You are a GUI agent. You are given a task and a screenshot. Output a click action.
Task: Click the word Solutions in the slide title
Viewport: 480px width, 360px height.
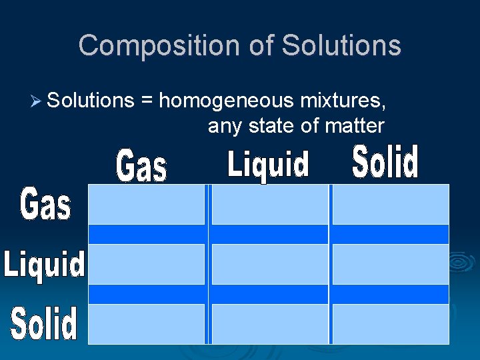click(341, 45)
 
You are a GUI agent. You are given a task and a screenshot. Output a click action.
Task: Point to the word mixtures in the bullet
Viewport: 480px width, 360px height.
click(343, 101)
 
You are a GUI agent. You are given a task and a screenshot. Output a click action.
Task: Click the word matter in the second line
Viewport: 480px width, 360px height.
click(355, 125)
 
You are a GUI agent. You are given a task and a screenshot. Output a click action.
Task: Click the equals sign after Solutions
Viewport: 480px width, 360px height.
click(146, 101)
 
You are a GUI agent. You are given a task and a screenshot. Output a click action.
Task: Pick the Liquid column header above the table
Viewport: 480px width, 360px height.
click(268, 164)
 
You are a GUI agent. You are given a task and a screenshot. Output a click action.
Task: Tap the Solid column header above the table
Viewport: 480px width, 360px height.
click(385, 162)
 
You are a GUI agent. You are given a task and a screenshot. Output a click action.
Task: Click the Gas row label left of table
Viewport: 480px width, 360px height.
click(45, 204)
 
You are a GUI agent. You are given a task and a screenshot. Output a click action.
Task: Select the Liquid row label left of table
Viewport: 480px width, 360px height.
click(45, 264)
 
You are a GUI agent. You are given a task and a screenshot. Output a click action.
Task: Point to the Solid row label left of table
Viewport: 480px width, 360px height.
click(44, 323)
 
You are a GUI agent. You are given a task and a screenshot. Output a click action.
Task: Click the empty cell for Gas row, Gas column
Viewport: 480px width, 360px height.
click(147, 204)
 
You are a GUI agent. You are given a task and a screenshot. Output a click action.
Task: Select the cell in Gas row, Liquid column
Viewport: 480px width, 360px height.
click(269, 204)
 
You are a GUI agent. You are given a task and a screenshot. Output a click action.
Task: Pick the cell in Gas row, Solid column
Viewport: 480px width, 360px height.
click(391, 204)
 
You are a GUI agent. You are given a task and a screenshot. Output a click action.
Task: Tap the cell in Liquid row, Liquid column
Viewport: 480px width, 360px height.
click(269, 264)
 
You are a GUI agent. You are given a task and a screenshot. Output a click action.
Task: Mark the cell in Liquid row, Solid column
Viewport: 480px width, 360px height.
click(391, 264)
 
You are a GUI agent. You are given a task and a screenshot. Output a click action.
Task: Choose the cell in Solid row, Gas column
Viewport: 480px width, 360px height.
click(147, 324)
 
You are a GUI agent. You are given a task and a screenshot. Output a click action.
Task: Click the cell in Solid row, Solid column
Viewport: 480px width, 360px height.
click(391, 324)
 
